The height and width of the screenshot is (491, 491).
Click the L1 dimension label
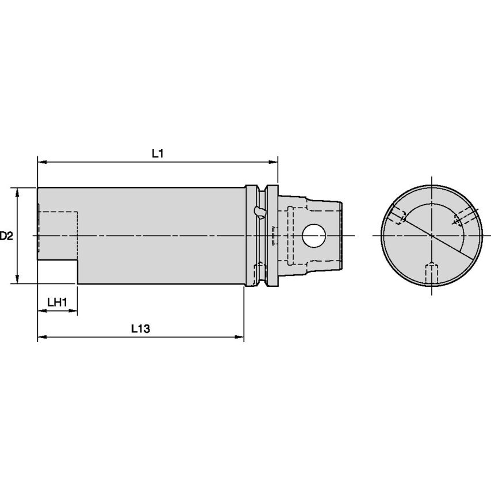coord(158,153)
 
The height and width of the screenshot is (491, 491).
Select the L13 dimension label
coord(140,329)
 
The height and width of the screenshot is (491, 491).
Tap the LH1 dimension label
coord(57,302)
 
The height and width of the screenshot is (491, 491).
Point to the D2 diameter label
coord(6,236)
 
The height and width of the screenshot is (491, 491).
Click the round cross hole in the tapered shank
coord(314,235)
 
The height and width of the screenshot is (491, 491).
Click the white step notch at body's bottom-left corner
coord(57,273)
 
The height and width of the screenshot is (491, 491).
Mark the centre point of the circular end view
coord(432,235)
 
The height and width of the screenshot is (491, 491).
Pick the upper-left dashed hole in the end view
coord(397,216)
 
